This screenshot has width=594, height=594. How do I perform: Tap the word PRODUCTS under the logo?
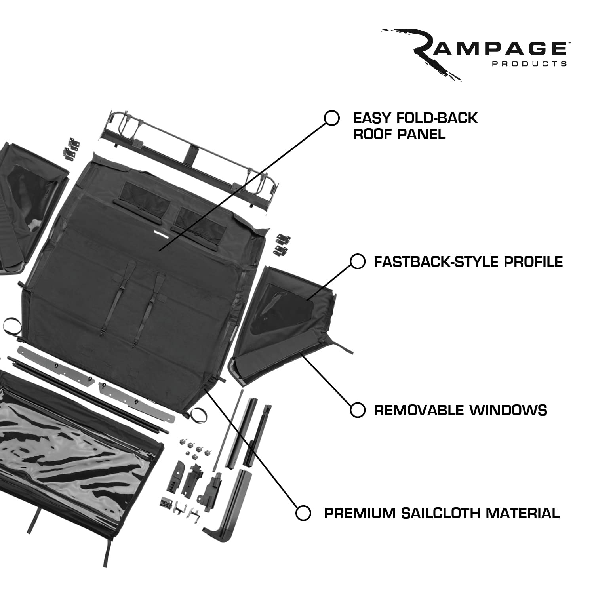coord(530,64)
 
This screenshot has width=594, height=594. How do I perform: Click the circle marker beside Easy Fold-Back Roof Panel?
coord(332,118)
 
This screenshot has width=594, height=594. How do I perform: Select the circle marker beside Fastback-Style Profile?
coord(358,262)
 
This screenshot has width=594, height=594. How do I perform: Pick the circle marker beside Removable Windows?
coord(358,410)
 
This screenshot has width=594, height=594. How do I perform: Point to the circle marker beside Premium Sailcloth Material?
coord(303,513)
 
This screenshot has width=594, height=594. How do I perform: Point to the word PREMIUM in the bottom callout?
coord(360,513)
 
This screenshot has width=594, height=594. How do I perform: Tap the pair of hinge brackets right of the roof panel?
coord(282,244)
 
